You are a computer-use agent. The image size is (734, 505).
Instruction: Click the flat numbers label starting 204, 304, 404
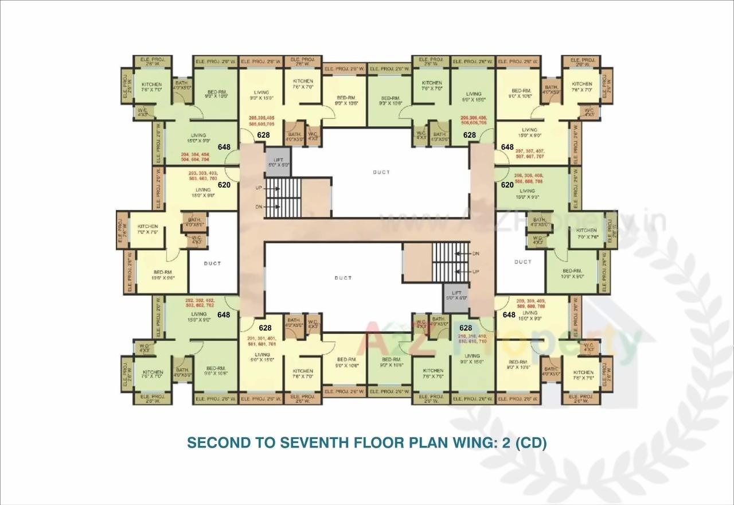(196, 158)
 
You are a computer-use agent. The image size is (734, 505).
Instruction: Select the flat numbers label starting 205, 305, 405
(261, 121)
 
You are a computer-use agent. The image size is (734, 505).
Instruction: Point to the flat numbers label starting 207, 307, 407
(529, 153)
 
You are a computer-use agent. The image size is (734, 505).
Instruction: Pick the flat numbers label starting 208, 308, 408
(528, 178)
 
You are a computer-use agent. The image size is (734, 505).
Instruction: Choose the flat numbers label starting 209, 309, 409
(530, 304)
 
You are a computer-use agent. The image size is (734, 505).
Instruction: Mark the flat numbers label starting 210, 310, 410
(472, 338)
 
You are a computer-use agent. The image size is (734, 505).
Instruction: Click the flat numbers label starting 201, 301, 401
(261, 341)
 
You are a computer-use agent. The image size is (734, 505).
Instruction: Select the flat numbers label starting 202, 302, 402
(200, 303)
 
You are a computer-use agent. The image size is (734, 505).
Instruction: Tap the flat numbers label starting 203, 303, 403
(202, 176)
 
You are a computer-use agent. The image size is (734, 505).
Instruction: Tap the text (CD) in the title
(530, 443)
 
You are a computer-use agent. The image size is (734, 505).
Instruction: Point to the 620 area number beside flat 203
(224, 185)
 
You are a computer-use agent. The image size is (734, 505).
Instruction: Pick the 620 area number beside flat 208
(507, 185)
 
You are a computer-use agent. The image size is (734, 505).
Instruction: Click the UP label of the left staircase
(259, 188)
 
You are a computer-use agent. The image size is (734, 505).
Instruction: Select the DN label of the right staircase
(475, 253)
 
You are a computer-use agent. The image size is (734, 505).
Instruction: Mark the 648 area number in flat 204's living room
(224, 147)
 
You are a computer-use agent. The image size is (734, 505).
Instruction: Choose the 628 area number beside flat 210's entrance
(466, 328)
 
